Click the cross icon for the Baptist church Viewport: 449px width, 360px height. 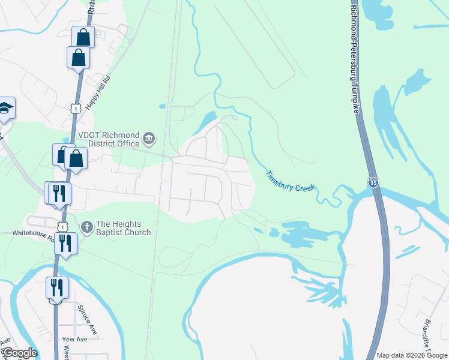(86, 227)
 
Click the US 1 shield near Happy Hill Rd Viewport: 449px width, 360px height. (75, 108)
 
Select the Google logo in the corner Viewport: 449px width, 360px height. (19, 353)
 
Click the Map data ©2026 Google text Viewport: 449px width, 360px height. (412, 355)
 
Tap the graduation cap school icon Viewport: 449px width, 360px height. (5, 108)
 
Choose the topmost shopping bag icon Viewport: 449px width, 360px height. (83, 37)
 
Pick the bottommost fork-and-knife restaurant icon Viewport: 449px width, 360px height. (57, 287)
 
